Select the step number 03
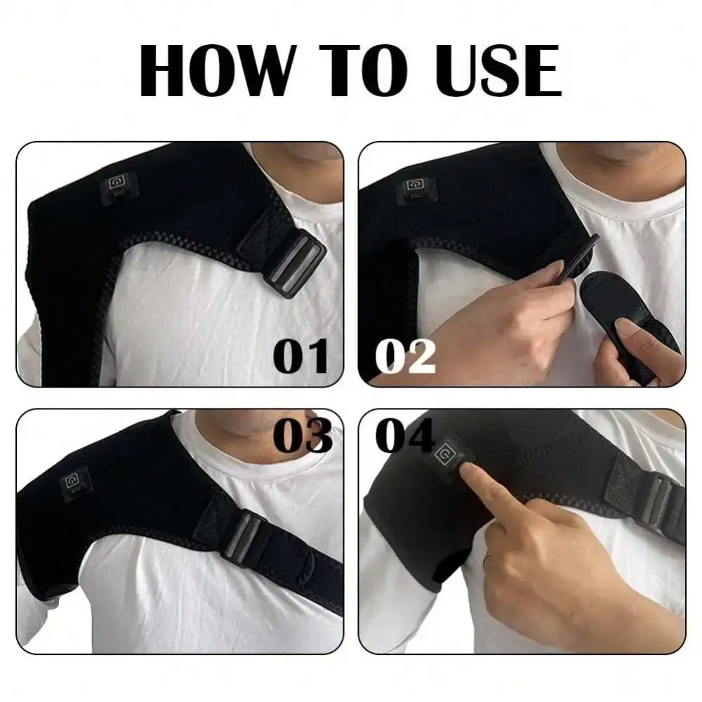click(302, 437)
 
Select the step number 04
click(405, 437)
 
